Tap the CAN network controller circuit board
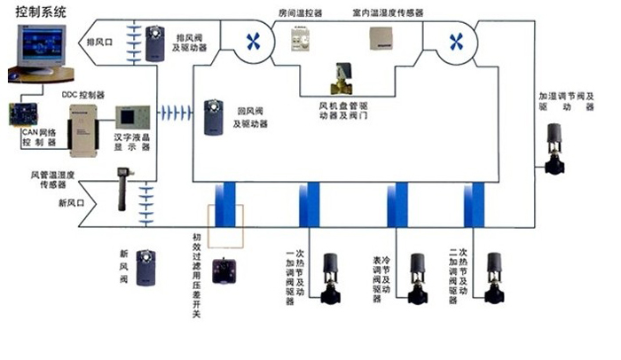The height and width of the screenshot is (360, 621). (27, 114)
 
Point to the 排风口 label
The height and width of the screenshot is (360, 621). (98, 41)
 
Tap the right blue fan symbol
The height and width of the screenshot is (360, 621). (456, 40)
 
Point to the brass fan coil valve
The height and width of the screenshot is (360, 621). (340, 81)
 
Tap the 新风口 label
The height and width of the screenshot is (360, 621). (74, 202)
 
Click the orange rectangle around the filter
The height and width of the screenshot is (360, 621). (225, 228)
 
